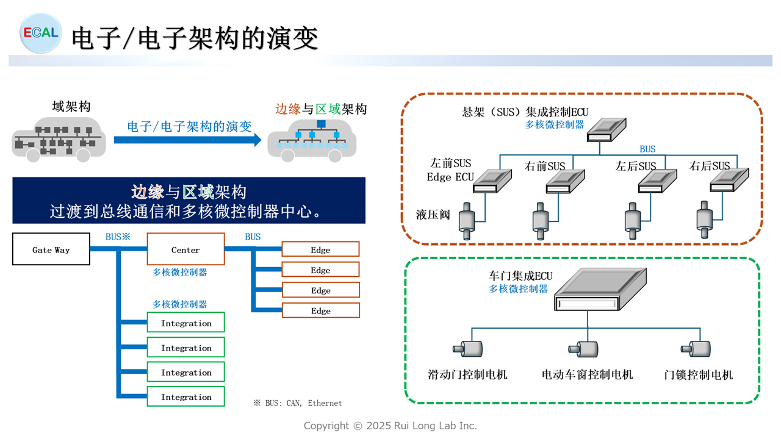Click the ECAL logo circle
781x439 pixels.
(40, 33)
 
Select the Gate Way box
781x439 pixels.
(51, 250)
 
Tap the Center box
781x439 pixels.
(185, 250)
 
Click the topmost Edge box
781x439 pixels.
(320, 249)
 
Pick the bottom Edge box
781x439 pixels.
(320, 310)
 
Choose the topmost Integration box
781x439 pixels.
(186, 323)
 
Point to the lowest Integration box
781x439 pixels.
(186, 396)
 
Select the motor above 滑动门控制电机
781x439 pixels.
(467, 349)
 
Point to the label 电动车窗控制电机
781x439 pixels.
(587, 374)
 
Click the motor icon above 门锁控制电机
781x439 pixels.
(696, 349)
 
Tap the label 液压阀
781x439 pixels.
(433, 215)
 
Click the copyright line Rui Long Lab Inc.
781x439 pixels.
(390, 426)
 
